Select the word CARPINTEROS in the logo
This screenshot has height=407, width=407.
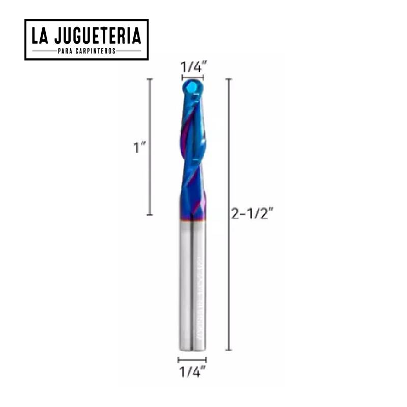point(98,51)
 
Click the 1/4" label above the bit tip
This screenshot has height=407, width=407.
point(192,66)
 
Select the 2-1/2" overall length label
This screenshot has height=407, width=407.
point(252,214)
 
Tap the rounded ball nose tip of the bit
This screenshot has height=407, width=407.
point(192,90)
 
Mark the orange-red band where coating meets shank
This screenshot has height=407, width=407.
point(192,220)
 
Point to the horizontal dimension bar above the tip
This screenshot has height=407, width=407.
point(192,78)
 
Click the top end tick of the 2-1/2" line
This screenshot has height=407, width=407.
point(229,79)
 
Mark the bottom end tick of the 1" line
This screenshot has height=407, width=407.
point(150,215)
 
